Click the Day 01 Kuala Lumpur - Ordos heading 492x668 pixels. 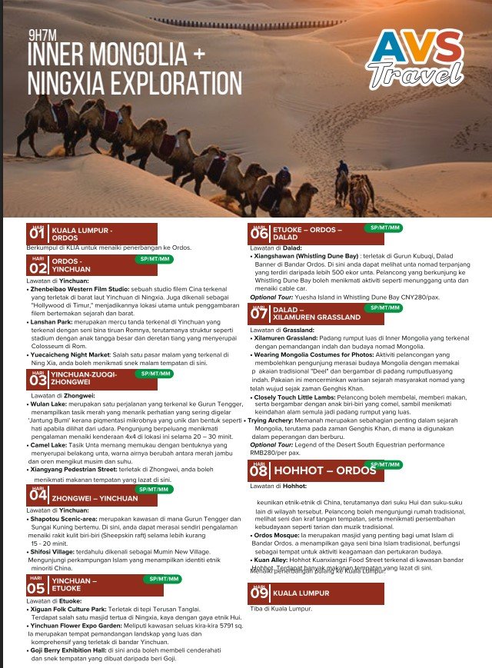tap(91, 233)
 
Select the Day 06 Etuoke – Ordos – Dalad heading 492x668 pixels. tap(307, 233)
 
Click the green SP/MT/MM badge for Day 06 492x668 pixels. tap(385, 228)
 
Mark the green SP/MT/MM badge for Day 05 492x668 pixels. tap(165, 578)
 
